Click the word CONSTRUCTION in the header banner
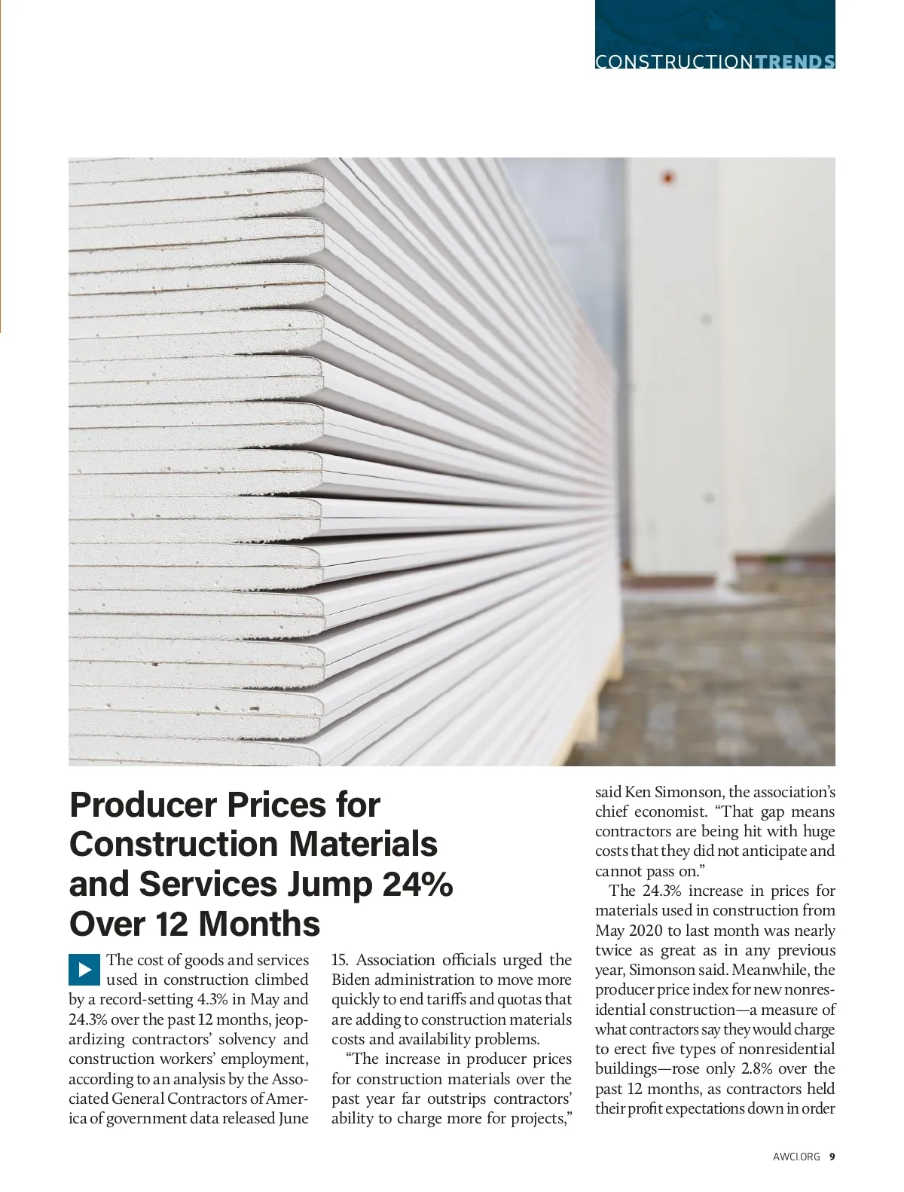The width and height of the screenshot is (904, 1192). coord(673,62)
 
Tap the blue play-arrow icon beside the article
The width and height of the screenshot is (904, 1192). coord(84,970)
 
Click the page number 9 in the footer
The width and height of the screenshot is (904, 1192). coord(832,1157)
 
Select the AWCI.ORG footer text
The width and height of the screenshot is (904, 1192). coord(796,1157)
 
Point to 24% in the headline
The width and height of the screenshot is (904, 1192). coord(417,884)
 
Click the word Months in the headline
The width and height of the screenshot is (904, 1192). coord(259,924)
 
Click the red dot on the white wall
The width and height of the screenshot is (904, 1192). coord(667,179)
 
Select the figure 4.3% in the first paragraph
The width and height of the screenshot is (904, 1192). coord(212,1000)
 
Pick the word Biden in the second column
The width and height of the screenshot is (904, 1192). coord(350,980)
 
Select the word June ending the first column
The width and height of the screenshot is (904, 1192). coord(293,1119)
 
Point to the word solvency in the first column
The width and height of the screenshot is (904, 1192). coord(247,1040)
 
